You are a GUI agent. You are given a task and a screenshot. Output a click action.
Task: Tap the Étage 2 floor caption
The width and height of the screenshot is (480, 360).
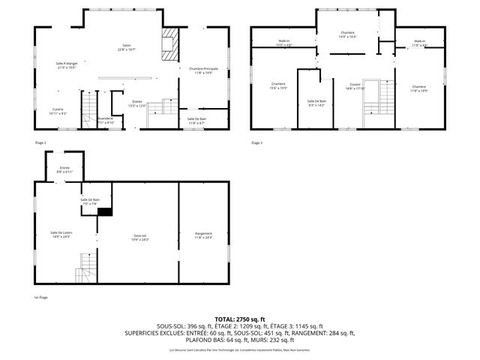pyautogui.click(x=40, y=142)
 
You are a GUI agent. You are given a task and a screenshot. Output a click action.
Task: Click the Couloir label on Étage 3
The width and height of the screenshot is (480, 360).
pyautogui.click(x=355, y=86)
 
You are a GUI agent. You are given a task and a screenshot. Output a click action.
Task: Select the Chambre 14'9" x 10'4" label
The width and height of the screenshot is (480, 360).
pyautogui.click(x=346, y=34)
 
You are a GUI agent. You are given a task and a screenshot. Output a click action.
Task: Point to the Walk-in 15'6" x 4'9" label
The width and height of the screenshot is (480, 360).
pyautogui.click(x=284, y=43)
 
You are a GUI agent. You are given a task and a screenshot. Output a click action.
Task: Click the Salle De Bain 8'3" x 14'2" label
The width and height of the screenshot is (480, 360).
pyautogui.click(x=316, y=103)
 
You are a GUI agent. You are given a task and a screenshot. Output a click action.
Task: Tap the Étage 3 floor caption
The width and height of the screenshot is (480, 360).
pyautogui.click(x=257, y=142)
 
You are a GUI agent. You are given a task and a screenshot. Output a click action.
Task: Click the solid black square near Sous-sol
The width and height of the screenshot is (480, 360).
pyautogui.click(x=105, y=211)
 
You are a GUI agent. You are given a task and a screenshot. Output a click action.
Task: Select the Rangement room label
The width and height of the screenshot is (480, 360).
pyautogui.click(x=202, y=235)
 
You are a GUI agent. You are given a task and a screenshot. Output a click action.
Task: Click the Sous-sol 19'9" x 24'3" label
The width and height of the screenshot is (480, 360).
pyautogui.click(x=140, y=237)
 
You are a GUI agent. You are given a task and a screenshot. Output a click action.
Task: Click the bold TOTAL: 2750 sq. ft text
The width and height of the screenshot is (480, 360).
pyautogui.click(x=240, y=319)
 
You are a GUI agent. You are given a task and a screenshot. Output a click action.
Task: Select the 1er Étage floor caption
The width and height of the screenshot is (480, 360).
pyautogui.click(x=40, y=297)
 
